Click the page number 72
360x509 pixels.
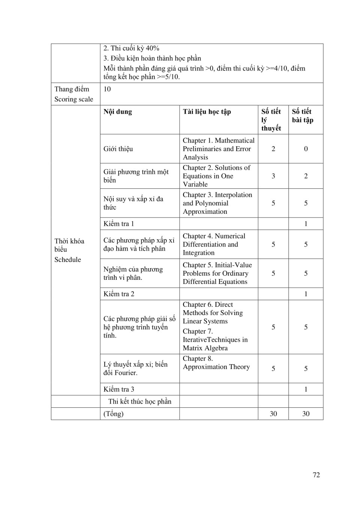(316, 475)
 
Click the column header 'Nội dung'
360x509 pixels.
(118, 112)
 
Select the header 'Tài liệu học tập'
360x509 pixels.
(207, 112)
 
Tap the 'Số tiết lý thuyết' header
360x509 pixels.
(271, 120)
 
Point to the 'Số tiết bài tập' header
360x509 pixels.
(303, 116)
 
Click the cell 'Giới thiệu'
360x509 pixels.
(118, 149)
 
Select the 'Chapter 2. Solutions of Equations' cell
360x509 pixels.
(216, 176)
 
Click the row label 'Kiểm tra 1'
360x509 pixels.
(118, 224)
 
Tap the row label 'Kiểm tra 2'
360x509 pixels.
(118, 294)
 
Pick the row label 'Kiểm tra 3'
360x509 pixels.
(118, 389)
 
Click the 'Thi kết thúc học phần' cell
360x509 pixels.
(139, 402)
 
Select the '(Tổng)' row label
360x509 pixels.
(113, 414)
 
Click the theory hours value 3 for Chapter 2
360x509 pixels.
(273, 176)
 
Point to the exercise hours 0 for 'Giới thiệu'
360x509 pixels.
(306, 149)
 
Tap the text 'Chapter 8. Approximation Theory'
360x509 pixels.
(216, 363)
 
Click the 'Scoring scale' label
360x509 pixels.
(73, 99)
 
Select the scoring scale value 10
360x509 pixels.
(107, 89)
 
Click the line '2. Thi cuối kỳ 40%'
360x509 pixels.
(131, 48)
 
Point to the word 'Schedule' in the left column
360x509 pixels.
(67, 260)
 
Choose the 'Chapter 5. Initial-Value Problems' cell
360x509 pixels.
(217, 273)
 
